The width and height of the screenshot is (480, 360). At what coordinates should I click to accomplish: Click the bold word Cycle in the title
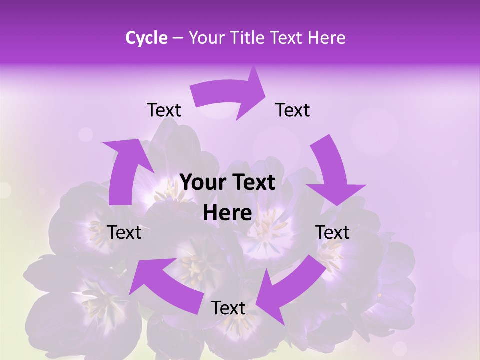pos(146,38)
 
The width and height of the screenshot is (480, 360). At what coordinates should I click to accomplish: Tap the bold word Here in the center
pos(227,213)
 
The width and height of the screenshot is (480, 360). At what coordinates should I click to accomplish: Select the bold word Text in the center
pos(252,182)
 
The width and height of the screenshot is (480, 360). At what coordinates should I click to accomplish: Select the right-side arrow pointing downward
pos(332,172)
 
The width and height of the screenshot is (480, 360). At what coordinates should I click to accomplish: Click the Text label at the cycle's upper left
pos(164,110)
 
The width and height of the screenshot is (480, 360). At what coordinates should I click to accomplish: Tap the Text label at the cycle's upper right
pos(293,110)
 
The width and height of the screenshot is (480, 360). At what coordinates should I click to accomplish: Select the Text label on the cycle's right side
pos(332,232)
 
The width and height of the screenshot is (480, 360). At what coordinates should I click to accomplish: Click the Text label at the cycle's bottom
pos(228,308)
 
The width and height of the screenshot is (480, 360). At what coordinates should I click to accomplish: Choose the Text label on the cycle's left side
pos(124,232)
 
